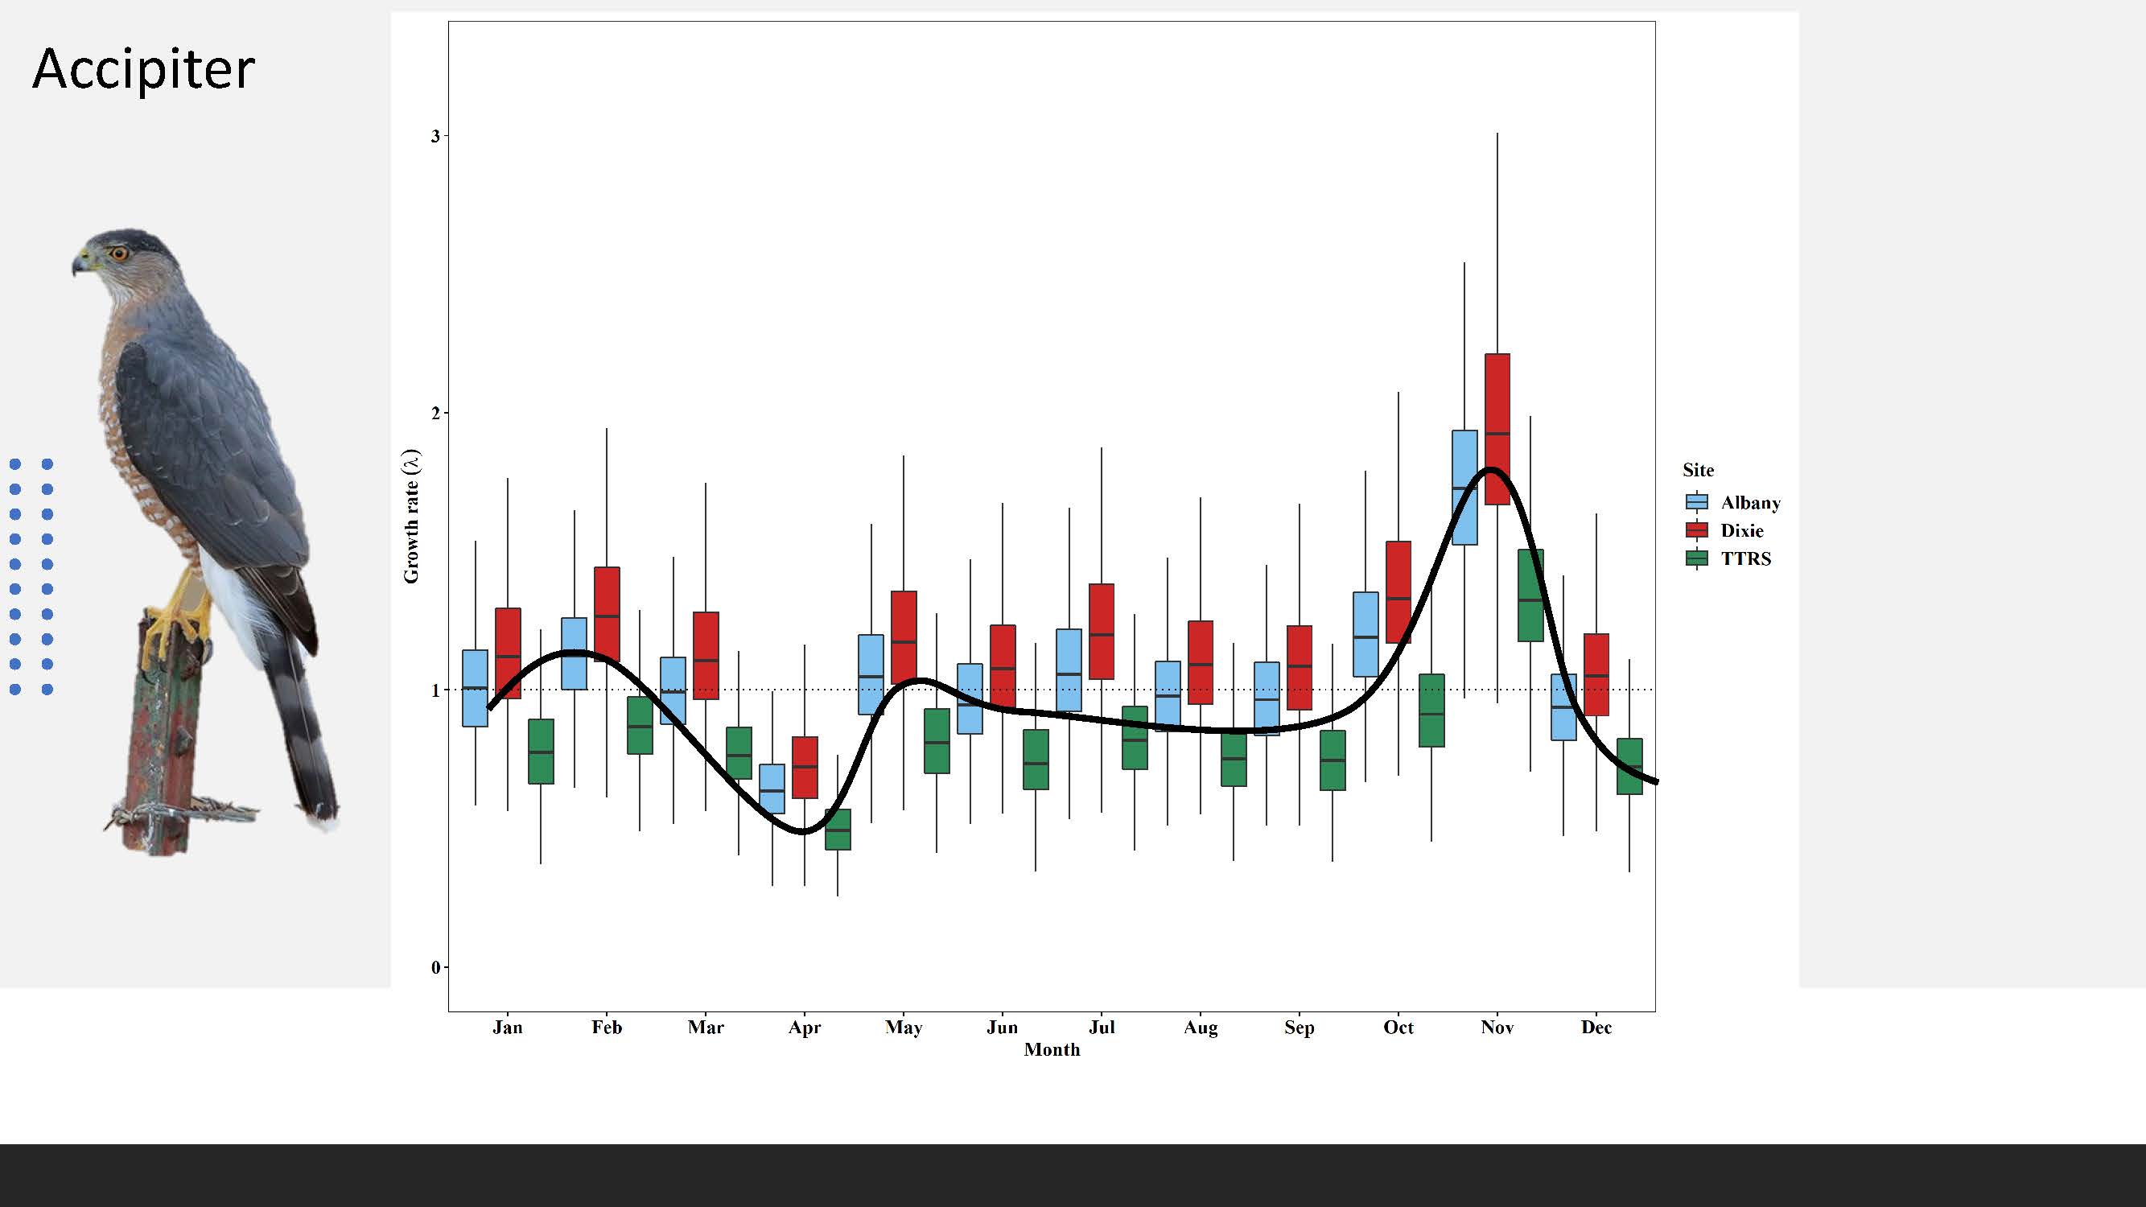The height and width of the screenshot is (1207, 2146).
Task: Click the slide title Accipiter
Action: (x=143, y=68)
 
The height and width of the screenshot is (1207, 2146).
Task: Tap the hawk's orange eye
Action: (x=120, y=253)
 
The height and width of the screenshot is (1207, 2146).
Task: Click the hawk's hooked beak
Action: (x=79, y=265)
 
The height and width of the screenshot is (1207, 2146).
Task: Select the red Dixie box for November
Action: (x=1497, y=429)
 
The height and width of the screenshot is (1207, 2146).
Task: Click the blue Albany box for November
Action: (x=1464, y=488)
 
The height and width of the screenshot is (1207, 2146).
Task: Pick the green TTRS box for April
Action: (x=838, y=829)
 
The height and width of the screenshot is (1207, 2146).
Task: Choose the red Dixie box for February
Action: (x=607, y=614)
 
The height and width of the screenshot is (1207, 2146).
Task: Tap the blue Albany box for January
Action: (x=475, y=688)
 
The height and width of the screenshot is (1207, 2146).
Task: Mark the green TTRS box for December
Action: (x=1629, y=766)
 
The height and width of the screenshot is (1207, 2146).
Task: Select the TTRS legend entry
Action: (x=1728, y=558)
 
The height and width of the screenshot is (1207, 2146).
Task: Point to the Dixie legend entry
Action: (x=1725, y=530)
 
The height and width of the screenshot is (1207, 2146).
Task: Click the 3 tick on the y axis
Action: (x=435, y=136)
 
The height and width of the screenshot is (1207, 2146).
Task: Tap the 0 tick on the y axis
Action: (x=435, y=967)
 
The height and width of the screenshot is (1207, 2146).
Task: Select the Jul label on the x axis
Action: (x=1102, y=1027)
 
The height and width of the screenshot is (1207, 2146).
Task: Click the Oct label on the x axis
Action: (x=1398, y=1027)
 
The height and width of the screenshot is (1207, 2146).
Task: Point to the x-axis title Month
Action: (x=1052, y=1049)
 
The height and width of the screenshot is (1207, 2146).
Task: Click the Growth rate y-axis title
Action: (x=411, y=517)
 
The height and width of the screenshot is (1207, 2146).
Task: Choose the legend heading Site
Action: (x=1698, y=470)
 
